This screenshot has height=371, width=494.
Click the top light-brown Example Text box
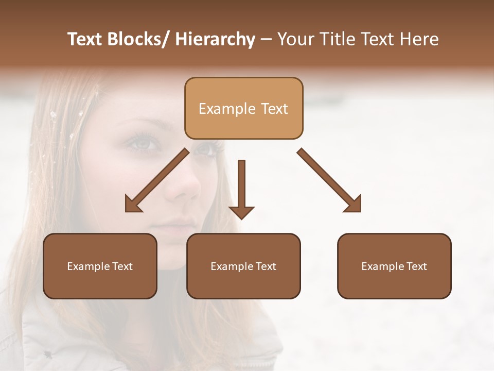(243, 108)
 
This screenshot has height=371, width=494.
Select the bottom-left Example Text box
(100, 266)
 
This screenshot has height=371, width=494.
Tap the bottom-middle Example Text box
(243, 266)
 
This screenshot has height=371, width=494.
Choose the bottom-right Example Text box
(394, 266)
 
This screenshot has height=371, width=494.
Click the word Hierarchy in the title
(215, 39)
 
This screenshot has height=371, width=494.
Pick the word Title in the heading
(337, 39)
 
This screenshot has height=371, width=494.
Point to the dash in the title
(266, 39)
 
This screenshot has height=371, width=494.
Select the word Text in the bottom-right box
(416, 266)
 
